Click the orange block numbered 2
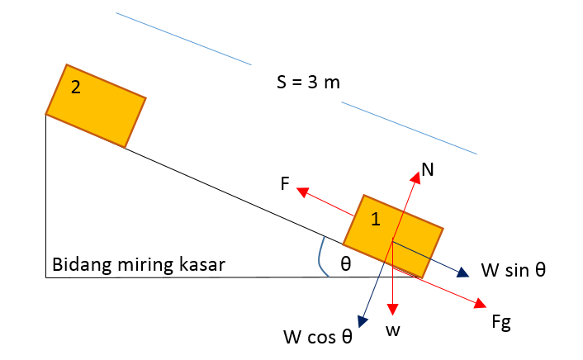pyautogui.click(x=95, y=106)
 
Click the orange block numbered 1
pyautogui.click(x=393, y=236)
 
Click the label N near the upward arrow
pyautogui.click(x=427, y=170)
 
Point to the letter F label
pyautogui.click(x=284, y=185)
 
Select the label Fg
pyautogui.click(x=500, y=321)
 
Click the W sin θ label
pyautogui.click(x=513, y=270)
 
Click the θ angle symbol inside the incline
pyautogui.click(x=346, y=263)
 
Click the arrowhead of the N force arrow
pyautogui.click(x=415, y=175)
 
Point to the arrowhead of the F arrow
pyautogui.click(x=302, y=192)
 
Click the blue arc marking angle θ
pyautogui.click(x=319, y=260)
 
